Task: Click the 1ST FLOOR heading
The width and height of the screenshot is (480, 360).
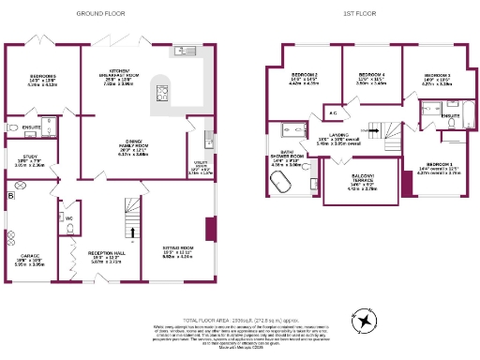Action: point(361,14)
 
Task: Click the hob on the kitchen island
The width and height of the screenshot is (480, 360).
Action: point(159,91)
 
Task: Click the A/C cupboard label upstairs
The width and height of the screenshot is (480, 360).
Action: point(333,112)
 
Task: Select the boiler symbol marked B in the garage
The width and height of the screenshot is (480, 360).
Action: point(10,196)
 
